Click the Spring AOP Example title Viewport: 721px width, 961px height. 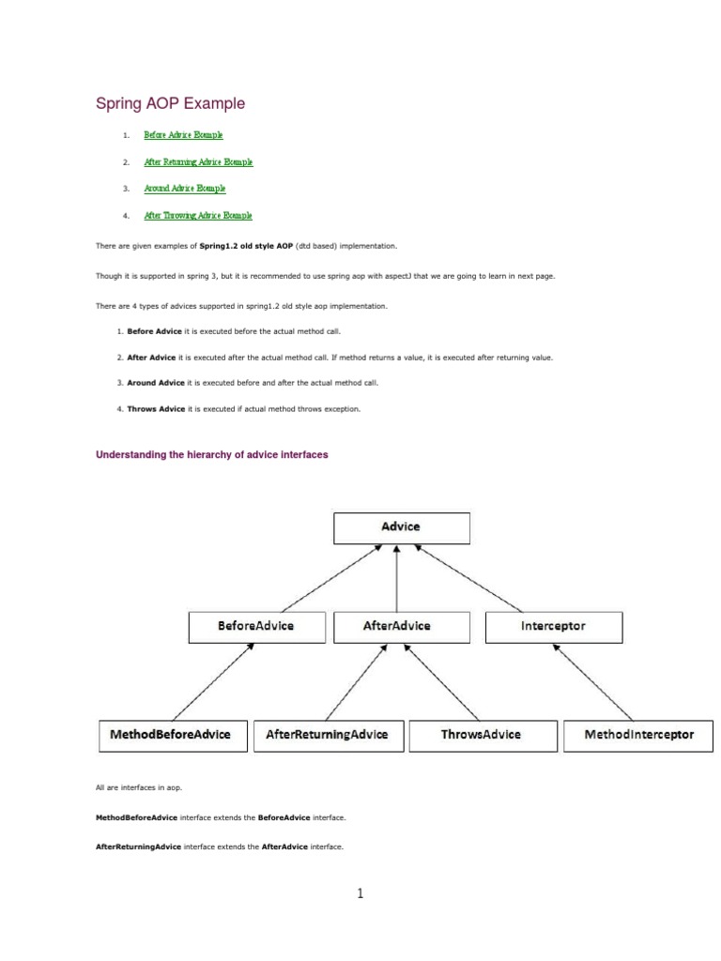[171, 103]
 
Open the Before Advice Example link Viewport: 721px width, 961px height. [183, 135]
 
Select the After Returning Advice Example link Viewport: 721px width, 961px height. [198, 161]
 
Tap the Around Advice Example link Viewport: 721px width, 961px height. [185, 188]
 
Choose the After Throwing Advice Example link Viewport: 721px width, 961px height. [198, 215]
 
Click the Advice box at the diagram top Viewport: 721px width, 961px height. [402, 527]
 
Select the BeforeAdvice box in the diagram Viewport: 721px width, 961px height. [255, 626]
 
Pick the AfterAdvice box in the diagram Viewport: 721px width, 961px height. [395, 626]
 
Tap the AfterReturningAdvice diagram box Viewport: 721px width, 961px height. [328, 735]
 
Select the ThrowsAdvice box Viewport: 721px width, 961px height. [481, 735]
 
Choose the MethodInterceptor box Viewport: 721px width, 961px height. [639, 735]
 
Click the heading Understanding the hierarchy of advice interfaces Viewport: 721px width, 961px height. [212, 455]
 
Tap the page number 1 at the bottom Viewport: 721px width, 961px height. [360, 894]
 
